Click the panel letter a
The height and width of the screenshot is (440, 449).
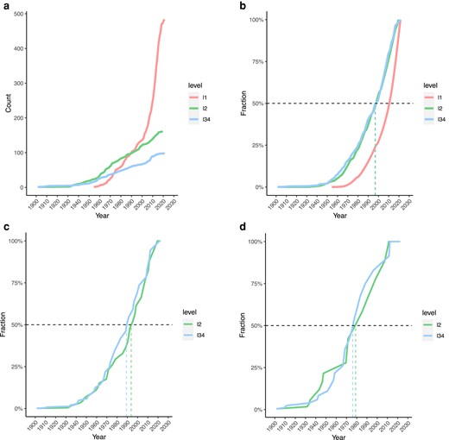(4, 6)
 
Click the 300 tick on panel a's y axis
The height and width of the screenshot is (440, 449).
(22, 83)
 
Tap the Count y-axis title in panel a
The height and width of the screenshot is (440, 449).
(8, 104)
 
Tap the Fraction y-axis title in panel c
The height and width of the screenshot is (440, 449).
(6, 325)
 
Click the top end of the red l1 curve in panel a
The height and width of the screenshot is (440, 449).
(164, 20)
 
